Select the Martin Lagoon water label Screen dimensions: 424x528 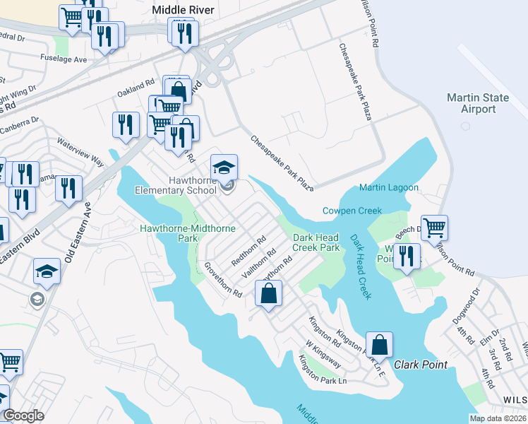coord(388,187)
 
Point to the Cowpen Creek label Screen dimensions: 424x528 coord(352,211)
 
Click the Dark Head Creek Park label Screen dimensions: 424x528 coord(316,242)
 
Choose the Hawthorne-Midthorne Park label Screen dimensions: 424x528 coord(168,233)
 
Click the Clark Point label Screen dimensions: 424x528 coord(420,364)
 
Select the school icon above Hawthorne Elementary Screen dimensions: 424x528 coord(224,167)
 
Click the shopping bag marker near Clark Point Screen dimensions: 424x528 coord(379,344)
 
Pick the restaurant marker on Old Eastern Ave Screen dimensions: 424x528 coord(68,188)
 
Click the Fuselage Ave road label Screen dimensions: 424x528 coord(64,59)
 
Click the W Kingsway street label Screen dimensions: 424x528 coord(323,355)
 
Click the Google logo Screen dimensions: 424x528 coord(23,416)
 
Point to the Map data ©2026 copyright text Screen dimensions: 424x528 coord(497,418)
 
